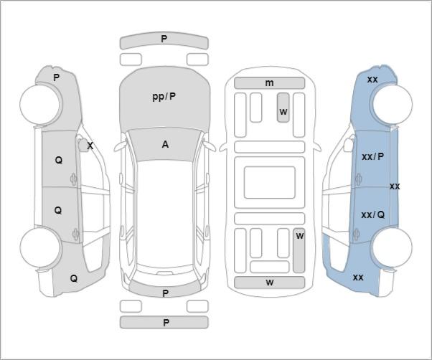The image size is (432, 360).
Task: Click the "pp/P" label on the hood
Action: (x=164, y=97)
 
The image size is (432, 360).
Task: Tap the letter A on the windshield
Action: (x=165, y=144)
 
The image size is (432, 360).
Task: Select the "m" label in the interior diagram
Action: (x=269, y=82)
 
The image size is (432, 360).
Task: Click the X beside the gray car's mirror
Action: (x=90, y=146)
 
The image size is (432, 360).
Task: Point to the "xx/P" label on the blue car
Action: (x=372, y=156)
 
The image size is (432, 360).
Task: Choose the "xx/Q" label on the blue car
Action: (x=372, y=214)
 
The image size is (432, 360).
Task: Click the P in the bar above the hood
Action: (x=164, y=39)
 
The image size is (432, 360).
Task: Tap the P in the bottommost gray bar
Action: (x=166, y=323)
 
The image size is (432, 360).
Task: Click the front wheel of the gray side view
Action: (x=41, y=104)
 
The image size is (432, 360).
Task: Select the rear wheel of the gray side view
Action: (x=40, y=247)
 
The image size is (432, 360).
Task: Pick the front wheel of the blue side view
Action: (x=393, y=104)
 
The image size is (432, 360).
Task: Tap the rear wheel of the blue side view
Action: (x=393, y=247)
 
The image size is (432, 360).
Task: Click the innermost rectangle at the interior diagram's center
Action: (x=269, y=182)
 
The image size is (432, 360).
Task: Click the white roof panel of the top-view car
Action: (x=164, y=212)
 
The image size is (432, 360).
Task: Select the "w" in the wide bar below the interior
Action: (x=270, y=282)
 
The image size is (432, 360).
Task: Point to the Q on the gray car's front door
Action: (x=59, y=160)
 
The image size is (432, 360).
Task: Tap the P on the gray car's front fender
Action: (x=56, y=77)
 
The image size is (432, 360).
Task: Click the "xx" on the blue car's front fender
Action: (x=372, y=80)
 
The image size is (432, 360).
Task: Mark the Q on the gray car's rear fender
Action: (x=74, y=278)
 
